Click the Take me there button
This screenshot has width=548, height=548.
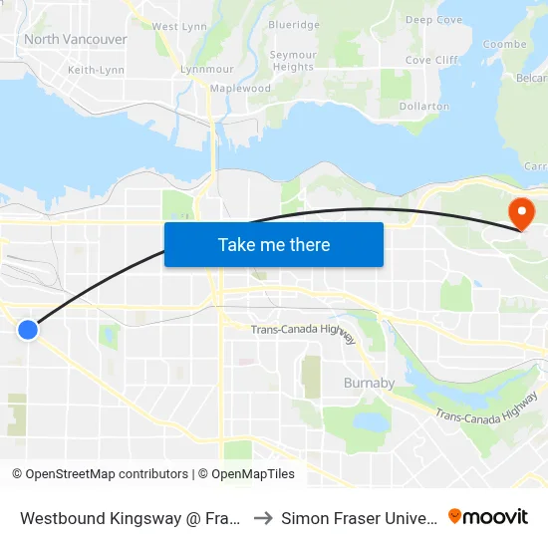274,244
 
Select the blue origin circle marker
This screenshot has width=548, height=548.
28,329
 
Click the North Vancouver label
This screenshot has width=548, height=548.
76,39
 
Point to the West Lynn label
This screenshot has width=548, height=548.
179,26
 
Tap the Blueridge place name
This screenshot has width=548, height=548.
294,25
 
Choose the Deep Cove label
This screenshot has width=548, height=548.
433,20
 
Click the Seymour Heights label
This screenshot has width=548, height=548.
294,61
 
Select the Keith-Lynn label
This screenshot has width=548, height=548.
96,70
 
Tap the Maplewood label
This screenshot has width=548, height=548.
239,88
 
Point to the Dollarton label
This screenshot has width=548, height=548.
423,106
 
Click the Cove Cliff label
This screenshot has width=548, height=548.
431,60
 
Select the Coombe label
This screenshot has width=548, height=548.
504,45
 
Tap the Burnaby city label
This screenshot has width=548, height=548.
369,383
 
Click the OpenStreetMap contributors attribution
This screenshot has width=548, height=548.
100,474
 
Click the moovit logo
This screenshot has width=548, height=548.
488,516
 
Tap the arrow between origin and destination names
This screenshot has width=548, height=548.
264,518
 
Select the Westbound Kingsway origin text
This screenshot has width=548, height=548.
130,518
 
